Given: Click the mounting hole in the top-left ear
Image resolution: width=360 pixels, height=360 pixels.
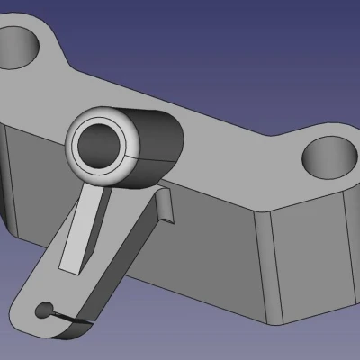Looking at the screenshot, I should click(x=21, y=43).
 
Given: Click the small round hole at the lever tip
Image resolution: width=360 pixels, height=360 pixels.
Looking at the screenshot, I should click(x=41, y=311).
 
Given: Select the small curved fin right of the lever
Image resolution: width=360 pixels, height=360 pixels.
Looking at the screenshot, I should click(x=165, y=208).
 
